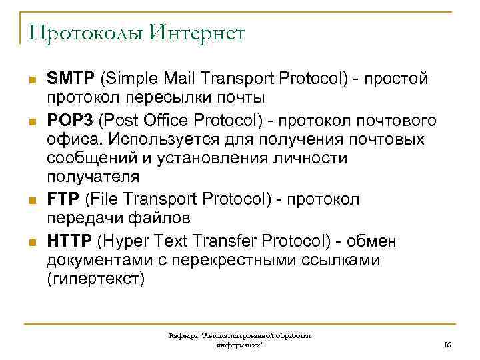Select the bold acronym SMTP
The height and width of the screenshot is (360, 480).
(x=71, y=79)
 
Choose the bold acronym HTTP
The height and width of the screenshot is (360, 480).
(x=69, y=240)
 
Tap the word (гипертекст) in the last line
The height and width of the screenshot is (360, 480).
(x=95, y=279)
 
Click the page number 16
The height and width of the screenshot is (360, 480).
(x=447, y=345)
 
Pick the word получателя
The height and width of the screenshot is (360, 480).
(x=93, y=177)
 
